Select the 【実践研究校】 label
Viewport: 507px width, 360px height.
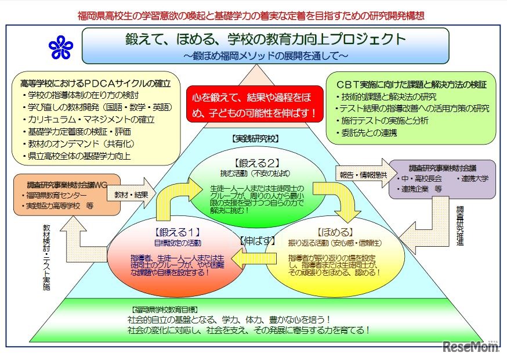[x=254, y=140]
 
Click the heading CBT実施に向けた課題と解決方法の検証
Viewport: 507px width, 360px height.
[x=407, y=84]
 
